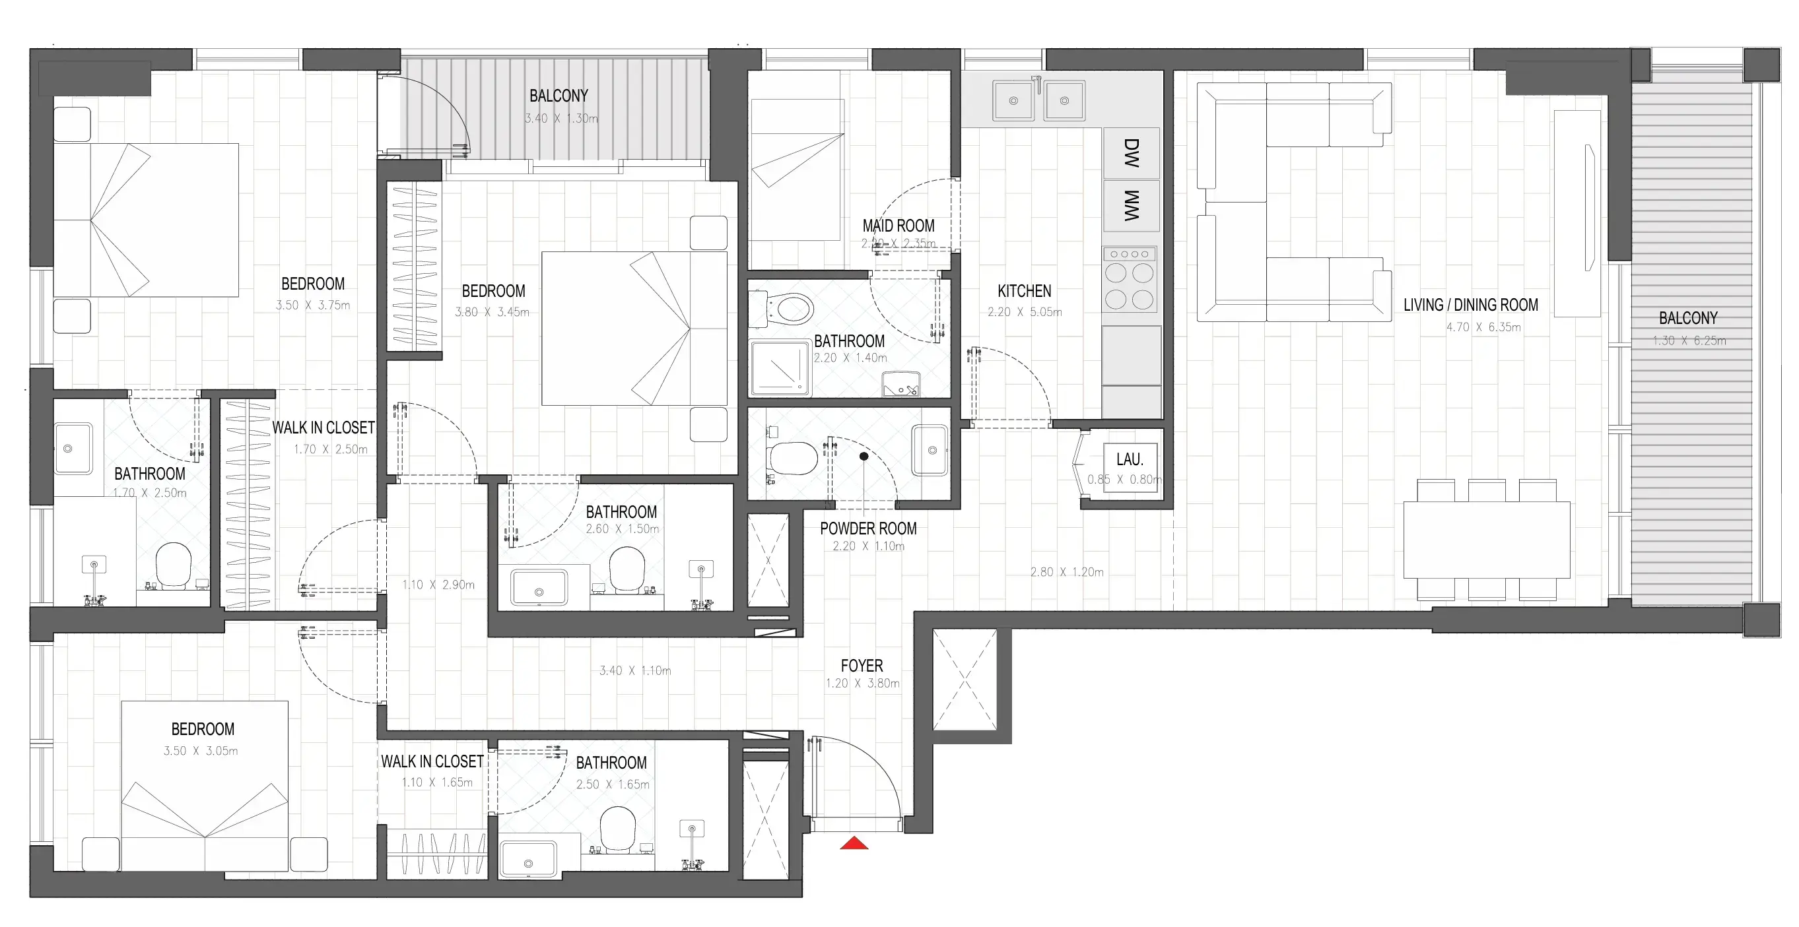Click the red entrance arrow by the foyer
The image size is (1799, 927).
click(x=854, y=843)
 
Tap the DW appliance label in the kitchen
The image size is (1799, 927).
click(x=1132, y=153)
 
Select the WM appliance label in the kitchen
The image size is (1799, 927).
click(x=1132, y=206)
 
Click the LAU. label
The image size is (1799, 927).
click(x=1130, y=459)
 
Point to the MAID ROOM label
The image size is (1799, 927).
click(x=898, y=226)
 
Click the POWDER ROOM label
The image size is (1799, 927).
click(x=868, y=528)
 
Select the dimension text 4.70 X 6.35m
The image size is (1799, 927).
click(x=1483, y=327)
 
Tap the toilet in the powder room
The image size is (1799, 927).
click(x=794, y=459)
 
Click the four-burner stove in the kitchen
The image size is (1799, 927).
click(x=1130, y=279)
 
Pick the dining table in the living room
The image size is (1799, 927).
click(x=1487, y=540)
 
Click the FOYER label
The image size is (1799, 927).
click(x=862, y=665)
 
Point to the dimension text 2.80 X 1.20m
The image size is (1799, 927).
click(x=1067, y=571)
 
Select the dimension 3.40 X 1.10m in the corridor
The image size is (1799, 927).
click(x=635, y=670)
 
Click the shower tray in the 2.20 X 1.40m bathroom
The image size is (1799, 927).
click(x=780, y=368)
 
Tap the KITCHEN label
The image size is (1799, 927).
click(x=1024, y=291)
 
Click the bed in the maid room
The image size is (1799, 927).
click(x=797, y=170)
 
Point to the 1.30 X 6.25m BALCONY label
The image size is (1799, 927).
click(x=1688, y=318)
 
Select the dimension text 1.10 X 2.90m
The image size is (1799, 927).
click(x=438, y=585)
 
